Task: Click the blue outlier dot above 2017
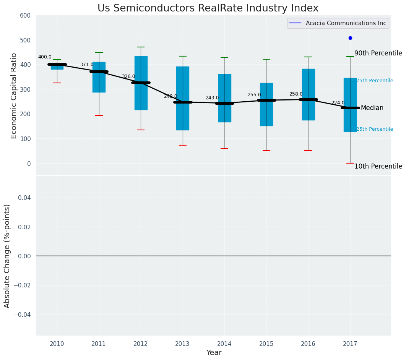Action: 350,38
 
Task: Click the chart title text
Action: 208,8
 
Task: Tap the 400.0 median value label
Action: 45,57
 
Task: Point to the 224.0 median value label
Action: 338,103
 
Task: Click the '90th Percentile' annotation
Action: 378,53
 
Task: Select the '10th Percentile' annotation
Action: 378,166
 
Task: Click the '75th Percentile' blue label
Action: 375,81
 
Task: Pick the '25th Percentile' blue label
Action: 375,129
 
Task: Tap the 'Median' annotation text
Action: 372,108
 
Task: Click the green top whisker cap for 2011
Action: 99,52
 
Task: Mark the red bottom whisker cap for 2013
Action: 183,145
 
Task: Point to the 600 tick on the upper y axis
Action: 25,15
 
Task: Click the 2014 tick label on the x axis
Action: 224,344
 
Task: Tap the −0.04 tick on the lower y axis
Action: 23,315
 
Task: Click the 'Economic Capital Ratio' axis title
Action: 14,96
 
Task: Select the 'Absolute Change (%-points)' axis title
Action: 7,256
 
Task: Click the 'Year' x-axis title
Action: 214,353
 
